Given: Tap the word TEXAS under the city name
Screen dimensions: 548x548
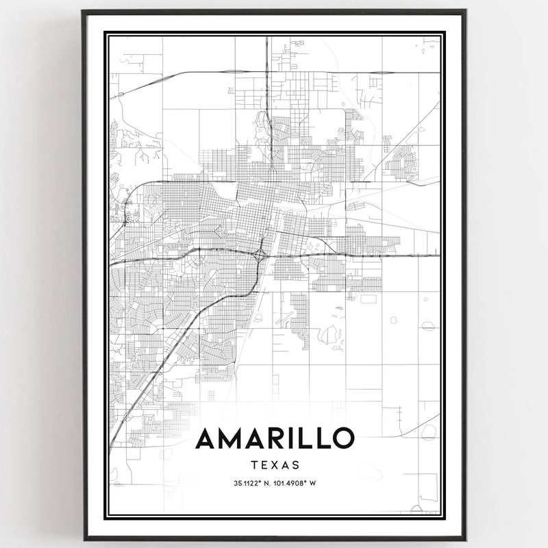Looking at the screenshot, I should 275,464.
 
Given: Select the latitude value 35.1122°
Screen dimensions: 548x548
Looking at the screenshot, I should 249,483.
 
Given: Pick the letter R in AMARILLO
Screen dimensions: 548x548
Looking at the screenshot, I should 282,438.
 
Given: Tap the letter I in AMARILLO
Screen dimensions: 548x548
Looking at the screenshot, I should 299,438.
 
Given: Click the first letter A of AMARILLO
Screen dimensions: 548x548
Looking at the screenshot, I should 208,438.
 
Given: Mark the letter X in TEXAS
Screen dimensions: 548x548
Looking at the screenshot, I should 275,464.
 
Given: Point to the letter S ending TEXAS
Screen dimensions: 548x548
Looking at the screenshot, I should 297,464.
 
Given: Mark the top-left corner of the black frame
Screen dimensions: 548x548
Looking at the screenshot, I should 83,11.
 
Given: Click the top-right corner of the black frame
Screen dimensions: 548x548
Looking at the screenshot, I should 466,11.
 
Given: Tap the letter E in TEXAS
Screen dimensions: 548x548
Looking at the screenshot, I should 264,464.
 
